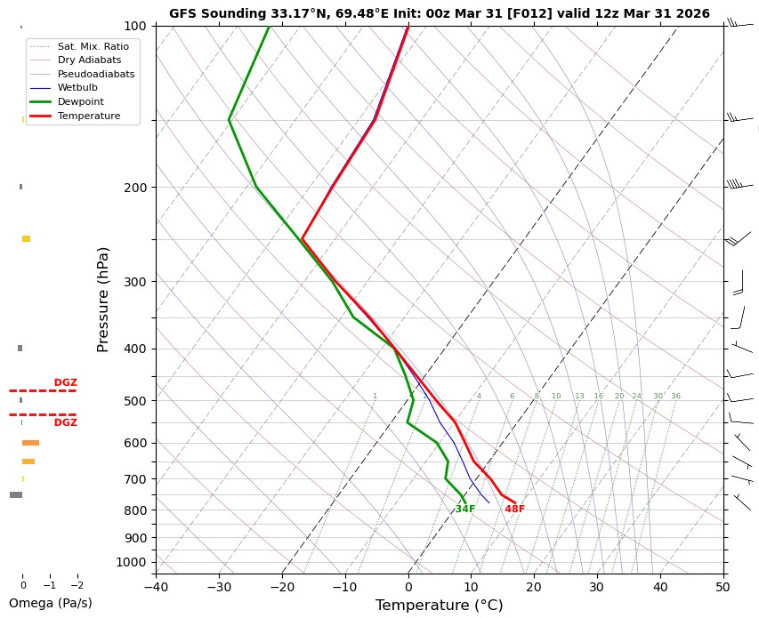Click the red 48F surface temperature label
click(514, 510)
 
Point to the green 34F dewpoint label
click(465, 510)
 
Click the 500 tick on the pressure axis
click(135, 401)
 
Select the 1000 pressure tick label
click(132, 562)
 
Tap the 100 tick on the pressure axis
click(135, 26)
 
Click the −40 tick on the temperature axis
click(156, 587)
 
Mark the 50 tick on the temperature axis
click(723, 587)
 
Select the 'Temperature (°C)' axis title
click(439, 606)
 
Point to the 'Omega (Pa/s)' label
click(50, 603)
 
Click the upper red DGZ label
click(65, 383)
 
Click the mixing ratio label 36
click(675, 397)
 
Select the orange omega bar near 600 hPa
click(30, 443)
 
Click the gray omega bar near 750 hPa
click(16, 494)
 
